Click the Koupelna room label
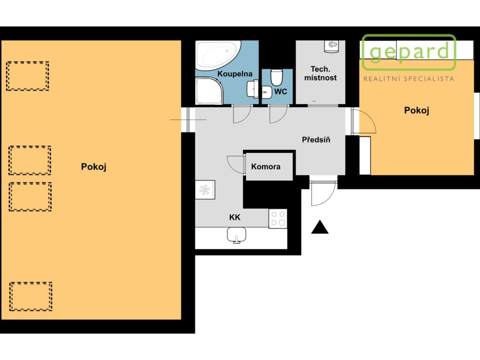click(x=235, y=74)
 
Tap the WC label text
click(x=281, y=91)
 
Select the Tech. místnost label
click(x=321, y=74)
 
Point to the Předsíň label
click(x=316, y=140)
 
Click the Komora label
click(x=266, y=166)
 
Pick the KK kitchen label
click(x=235, y=217)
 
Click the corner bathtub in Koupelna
click(x=218, y=55)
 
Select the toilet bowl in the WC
click(x=277, y=78)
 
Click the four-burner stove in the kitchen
click(x=278, y=218)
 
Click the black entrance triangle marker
click(x=320, y=227)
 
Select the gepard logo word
click(x=409, y=52)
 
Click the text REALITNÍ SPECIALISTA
click(x=409, y=79)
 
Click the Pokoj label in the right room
click(x=417, y=110)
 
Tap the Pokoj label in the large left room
click(x=94, y=167)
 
